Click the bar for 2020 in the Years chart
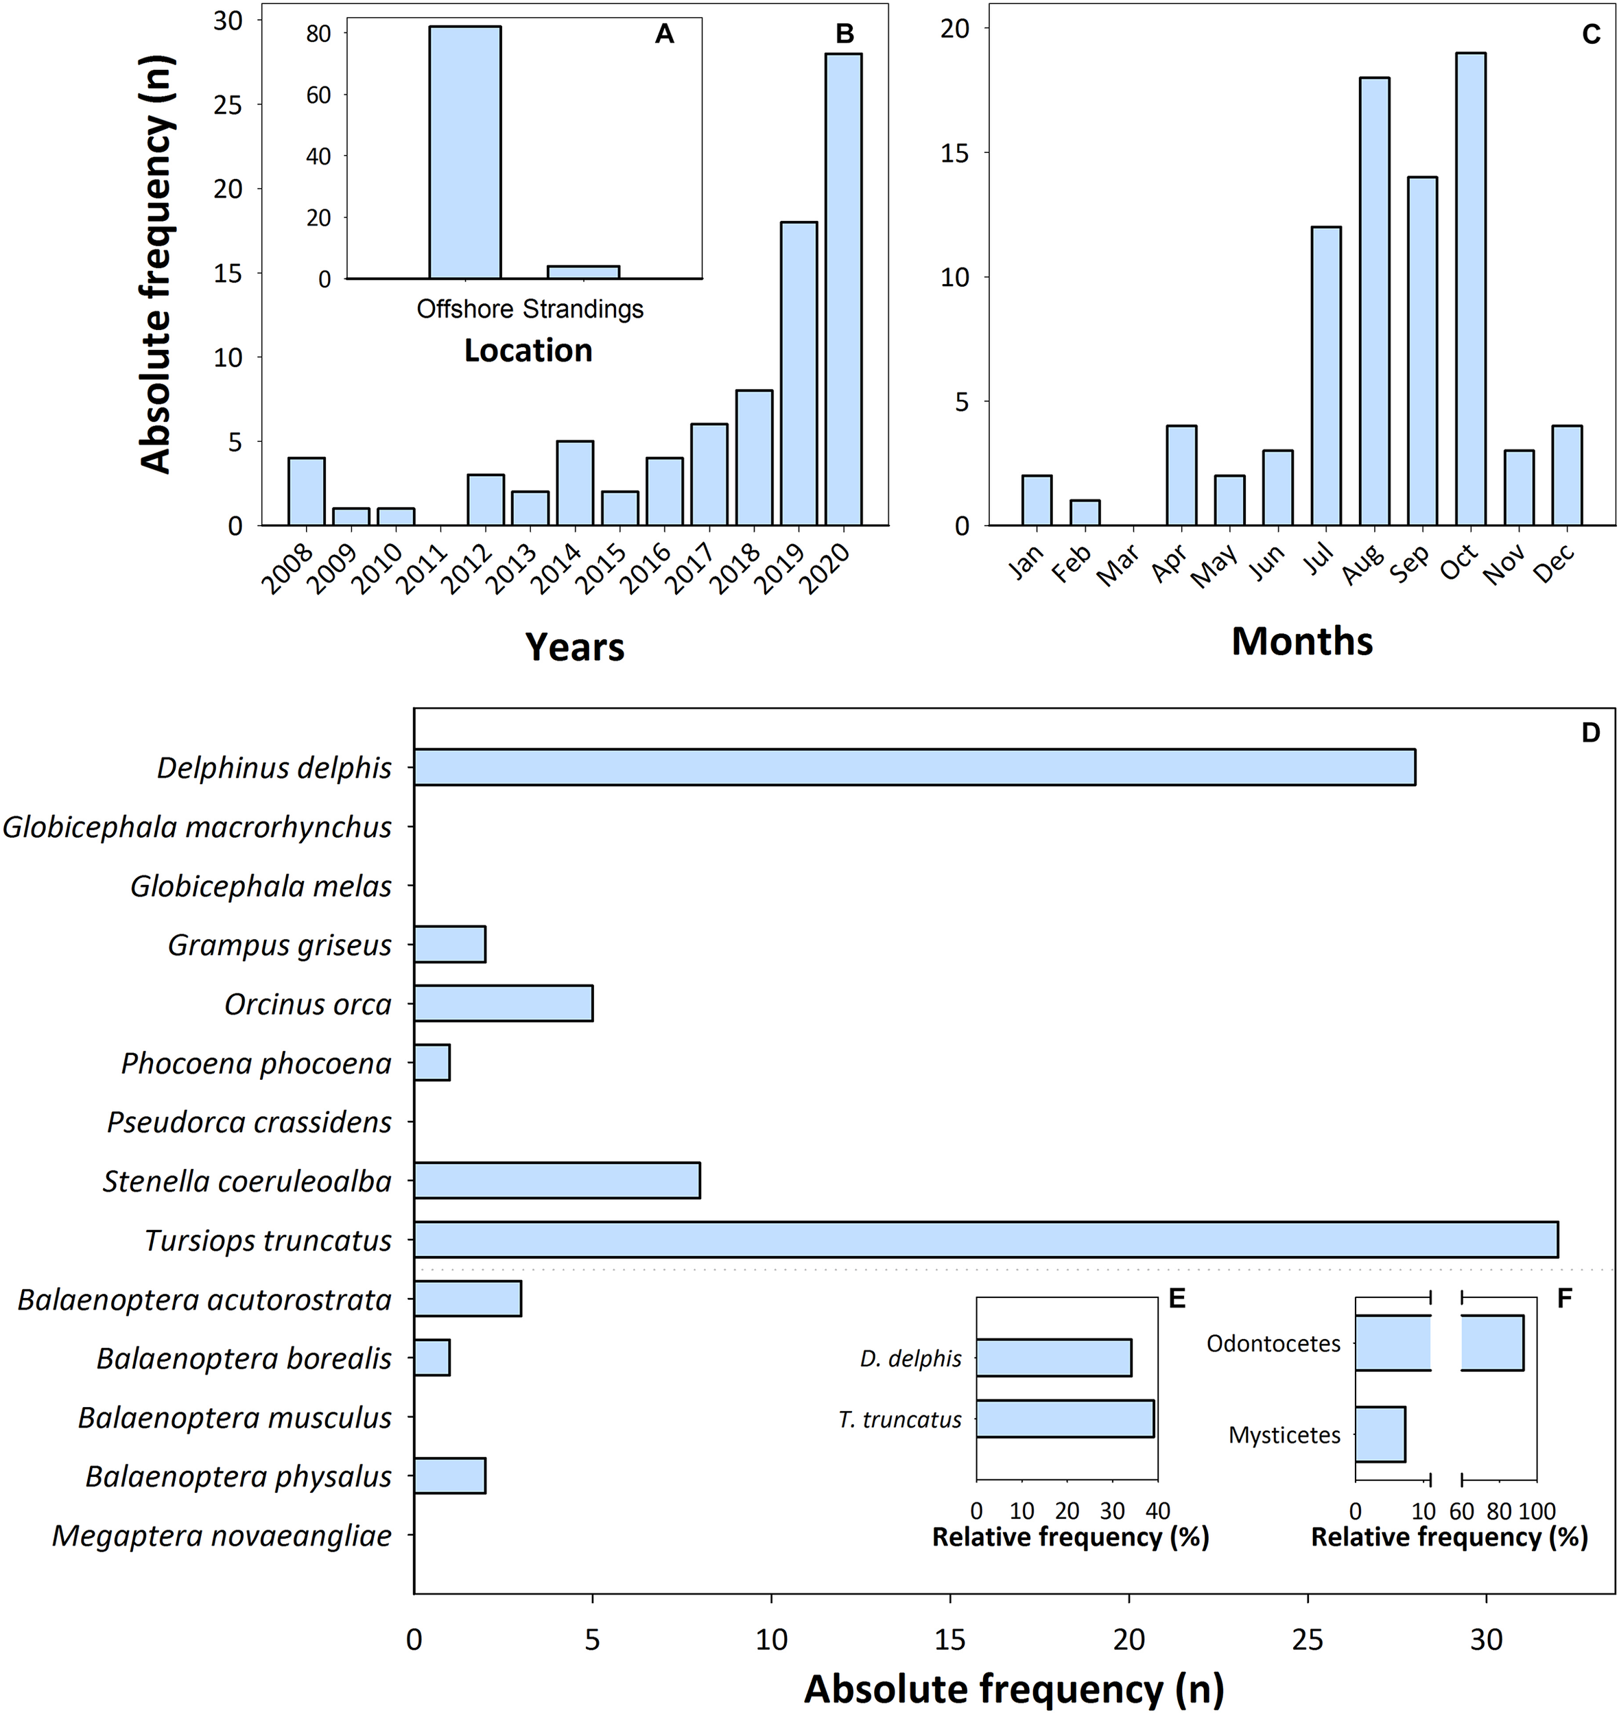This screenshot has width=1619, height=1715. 843,289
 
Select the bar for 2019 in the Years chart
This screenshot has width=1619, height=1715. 799,374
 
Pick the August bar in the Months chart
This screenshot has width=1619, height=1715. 1374,301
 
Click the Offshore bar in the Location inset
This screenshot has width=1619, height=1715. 465,152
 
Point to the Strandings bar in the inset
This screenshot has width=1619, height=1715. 583,272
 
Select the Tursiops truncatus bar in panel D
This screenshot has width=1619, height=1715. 986,1240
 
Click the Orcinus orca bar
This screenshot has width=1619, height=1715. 503,1004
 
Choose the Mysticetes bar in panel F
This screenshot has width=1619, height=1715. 1380,1434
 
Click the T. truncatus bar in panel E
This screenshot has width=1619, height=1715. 1065,1418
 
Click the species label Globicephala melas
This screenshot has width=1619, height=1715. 261,886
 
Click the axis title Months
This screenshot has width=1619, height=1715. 1301,642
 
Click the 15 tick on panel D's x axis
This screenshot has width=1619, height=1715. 950,1640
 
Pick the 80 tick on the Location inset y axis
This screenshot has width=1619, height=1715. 318,34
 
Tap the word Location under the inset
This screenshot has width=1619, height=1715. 528,351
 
